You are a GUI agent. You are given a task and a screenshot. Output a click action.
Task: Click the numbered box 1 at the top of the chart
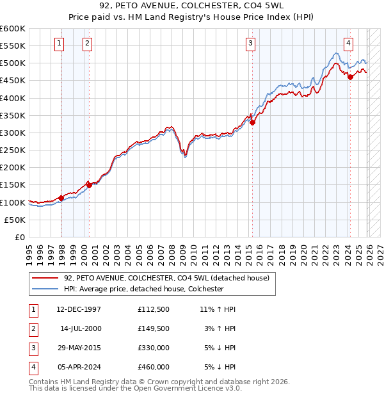point(59,44)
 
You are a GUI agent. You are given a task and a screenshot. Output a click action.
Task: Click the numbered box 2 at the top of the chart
point(87,44)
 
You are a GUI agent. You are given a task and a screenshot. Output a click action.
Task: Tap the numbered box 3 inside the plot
point(250,44)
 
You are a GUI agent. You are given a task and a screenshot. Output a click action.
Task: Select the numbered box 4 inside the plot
point(348,44)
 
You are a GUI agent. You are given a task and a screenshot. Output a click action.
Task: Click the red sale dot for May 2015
point(252,122)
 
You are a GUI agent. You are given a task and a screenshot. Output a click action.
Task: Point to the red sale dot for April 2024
point(350,77)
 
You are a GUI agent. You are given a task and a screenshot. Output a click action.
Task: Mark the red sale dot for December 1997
point(61,198)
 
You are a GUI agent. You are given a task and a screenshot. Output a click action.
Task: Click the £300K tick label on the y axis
point(13,133)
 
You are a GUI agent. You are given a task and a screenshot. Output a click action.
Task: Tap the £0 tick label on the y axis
point(20,237)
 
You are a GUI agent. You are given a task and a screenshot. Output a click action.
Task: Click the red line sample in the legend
point(46,278)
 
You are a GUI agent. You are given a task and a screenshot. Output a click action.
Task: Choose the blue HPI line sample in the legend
point(46,289)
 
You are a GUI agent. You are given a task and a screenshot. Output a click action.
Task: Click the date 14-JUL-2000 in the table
point(81,328)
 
